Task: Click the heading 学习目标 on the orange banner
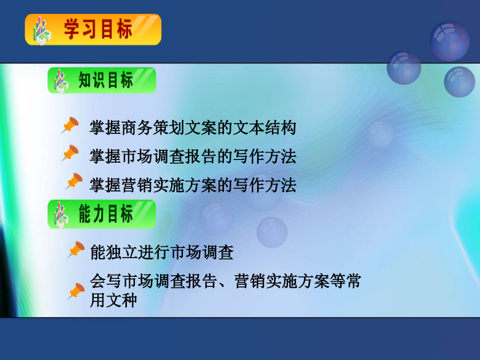click(x=98, y=29)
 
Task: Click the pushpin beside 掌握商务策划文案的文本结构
click(x=70, y=125)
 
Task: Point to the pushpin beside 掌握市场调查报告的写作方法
click(x=70, y=153)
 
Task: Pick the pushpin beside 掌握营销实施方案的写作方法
click(x=74, y=181)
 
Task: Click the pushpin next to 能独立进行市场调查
click(x=76, y=250)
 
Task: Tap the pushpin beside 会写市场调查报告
click(x=76, y=291)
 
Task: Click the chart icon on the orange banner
click(x=42, y=30)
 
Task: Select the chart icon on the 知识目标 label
click(x=61, y=82)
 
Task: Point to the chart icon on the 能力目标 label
click(x=61, y=215)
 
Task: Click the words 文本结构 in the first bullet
click(x=265, y=127)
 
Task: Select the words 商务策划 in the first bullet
click(x=153, y=127)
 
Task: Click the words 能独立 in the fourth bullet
click(x=114, y=252)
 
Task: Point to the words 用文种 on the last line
click(x=113, y=300)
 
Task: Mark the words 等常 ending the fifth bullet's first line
click(x=346, y=281)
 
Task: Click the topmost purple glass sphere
click(x=449, y=41)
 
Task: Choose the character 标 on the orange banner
click(x=124, y=29)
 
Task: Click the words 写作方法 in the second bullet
click(x=265, y=156)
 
